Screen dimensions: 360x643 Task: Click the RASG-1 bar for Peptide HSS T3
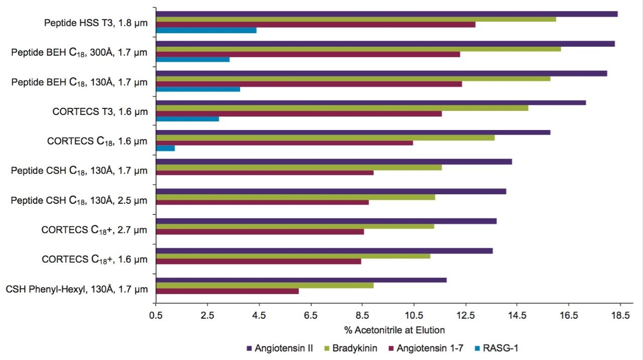[206, 30]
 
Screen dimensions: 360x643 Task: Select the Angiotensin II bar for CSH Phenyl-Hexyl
[301, 280]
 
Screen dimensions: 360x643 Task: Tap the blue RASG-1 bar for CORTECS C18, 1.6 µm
[165, 148]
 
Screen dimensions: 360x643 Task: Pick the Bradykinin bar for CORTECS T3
[342, 108]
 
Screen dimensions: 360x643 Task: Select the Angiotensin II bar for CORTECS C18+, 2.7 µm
[327, 221]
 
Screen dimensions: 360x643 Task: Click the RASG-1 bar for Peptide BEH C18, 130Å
[198, 89]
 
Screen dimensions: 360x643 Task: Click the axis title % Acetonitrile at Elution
[394, 330]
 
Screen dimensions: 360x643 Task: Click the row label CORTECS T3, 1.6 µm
[100, 111]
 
